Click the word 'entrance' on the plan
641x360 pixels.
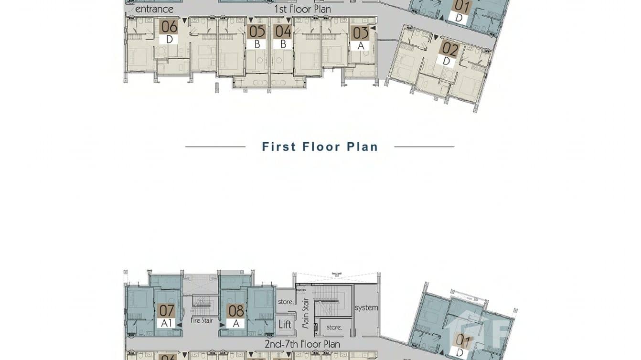[x=154, y=9]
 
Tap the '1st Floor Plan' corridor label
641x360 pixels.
[x=302, y=9]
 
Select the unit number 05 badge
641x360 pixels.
[x=256, y=32]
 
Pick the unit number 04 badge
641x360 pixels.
[x=283, y=32]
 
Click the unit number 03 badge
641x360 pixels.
[x=360, y=33]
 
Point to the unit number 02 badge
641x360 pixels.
[x=449, y=49]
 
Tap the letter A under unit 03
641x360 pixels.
[x=360, y=46]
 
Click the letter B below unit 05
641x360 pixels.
[x=256, y=44]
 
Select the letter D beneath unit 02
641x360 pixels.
[x=446, y=61]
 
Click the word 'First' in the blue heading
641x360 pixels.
[x=279, y=147]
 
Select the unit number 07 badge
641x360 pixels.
[x=166, y=311]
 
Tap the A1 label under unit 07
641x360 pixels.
[x=166, y=323]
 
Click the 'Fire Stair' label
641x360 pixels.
[x=202, y=320]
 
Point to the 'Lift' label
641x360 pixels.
[x=285, y=325]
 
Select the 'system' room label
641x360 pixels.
[x=366, y=308]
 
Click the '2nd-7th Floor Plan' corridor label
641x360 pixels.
[x=302, y=344]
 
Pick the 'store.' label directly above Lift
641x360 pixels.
[x=285, y=302]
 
